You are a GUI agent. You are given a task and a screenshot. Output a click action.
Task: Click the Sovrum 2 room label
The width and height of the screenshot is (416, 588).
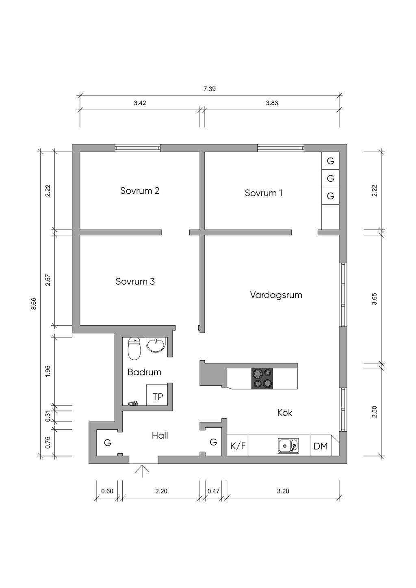coord(140,190)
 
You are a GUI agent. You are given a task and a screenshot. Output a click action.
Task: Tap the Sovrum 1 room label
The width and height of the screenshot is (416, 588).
coord(263,193)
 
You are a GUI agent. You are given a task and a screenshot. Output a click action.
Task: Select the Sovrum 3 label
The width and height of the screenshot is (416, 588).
coord(135,281)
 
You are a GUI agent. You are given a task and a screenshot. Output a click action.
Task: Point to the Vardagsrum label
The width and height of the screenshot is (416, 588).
coord(276,295)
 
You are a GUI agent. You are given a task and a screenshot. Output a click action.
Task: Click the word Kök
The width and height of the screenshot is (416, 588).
coord(284,413)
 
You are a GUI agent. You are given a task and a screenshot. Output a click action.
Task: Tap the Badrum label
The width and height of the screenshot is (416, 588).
coord(144,372)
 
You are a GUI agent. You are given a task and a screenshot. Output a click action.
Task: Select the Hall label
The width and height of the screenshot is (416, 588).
coord(160,436)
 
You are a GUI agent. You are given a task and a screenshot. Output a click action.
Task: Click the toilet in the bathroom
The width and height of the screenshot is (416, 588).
coord(134,349)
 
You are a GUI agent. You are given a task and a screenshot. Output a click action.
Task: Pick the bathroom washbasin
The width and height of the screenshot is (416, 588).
coord(156,346)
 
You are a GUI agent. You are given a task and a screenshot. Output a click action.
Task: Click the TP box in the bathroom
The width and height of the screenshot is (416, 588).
coord(158,396)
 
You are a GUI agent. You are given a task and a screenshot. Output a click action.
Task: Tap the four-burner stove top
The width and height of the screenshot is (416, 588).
coord(262,378)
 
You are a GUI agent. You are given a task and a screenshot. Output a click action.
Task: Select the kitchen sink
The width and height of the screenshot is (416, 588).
coord(288,446)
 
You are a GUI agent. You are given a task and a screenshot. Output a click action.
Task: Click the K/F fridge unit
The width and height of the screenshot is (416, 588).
coord(238,446)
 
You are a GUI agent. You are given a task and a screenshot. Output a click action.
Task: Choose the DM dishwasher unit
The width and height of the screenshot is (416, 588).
coord(321,446)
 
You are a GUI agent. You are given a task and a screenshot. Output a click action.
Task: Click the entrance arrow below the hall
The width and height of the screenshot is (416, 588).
coord(142,471)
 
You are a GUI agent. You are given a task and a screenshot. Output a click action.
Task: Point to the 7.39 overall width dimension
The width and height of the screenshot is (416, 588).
coord(209,89)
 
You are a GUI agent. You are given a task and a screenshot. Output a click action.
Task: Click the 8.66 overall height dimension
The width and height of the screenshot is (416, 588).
coord(34,304)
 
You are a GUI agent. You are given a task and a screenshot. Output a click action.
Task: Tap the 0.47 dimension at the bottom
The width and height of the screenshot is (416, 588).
coord(213,491)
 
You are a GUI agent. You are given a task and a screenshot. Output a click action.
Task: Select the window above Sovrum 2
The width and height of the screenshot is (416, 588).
coord(137,148)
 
